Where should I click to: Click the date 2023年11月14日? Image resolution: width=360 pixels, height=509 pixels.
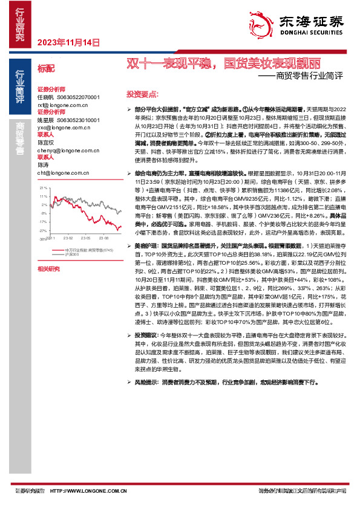68,42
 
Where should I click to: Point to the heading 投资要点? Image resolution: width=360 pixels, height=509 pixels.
142,95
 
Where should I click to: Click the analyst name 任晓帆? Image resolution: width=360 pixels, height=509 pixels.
45,97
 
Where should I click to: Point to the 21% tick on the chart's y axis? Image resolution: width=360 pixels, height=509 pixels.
43,189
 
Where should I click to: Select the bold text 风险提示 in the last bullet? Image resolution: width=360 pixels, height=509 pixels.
146,382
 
